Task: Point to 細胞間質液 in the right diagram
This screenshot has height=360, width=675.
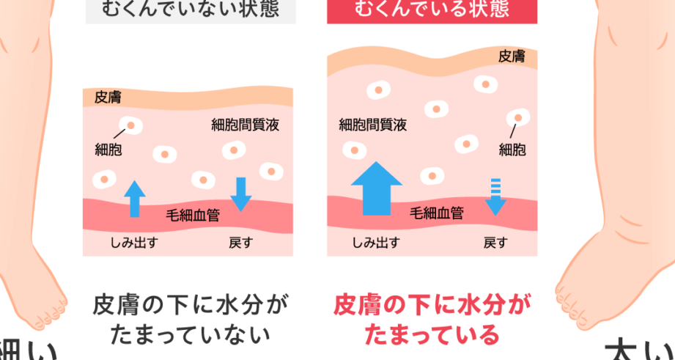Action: [372, 125]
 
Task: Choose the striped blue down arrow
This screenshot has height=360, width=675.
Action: [496, 196]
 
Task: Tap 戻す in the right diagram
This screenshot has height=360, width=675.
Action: [495, 243]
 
